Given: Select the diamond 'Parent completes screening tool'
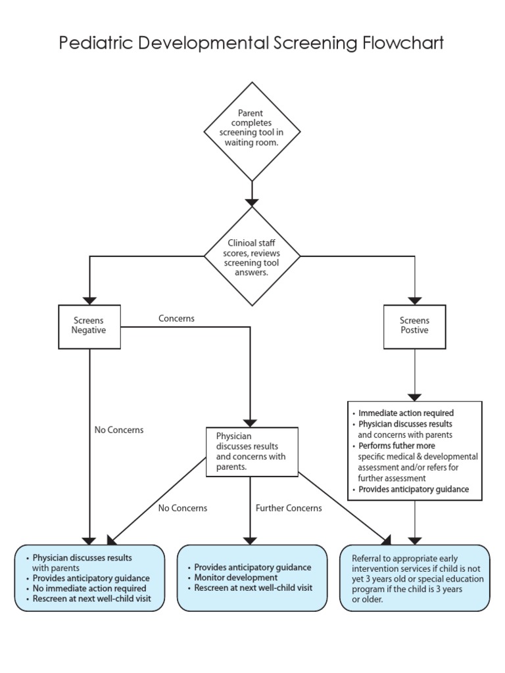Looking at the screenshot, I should [252, 129].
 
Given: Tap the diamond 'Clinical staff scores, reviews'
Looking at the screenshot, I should [252, 256].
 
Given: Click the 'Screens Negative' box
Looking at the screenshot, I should [89, 326].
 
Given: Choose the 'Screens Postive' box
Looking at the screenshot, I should [414, 326].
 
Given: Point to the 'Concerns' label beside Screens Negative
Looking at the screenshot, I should [176, 318].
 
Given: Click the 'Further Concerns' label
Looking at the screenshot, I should [289, 507].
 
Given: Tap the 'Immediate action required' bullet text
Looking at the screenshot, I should [406, 413].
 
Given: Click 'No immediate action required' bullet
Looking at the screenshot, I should [89, 588].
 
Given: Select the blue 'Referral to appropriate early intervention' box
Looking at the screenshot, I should [414, 578].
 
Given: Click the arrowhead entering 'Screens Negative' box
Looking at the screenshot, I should [89, 299].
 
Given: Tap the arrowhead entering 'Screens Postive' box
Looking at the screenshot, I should [414, 299].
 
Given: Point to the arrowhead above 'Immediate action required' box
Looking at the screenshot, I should [414, 396].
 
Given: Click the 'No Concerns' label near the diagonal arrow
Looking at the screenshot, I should [182, 507].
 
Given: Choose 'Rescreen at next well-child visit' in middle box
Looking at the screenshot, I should [252, 588].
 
